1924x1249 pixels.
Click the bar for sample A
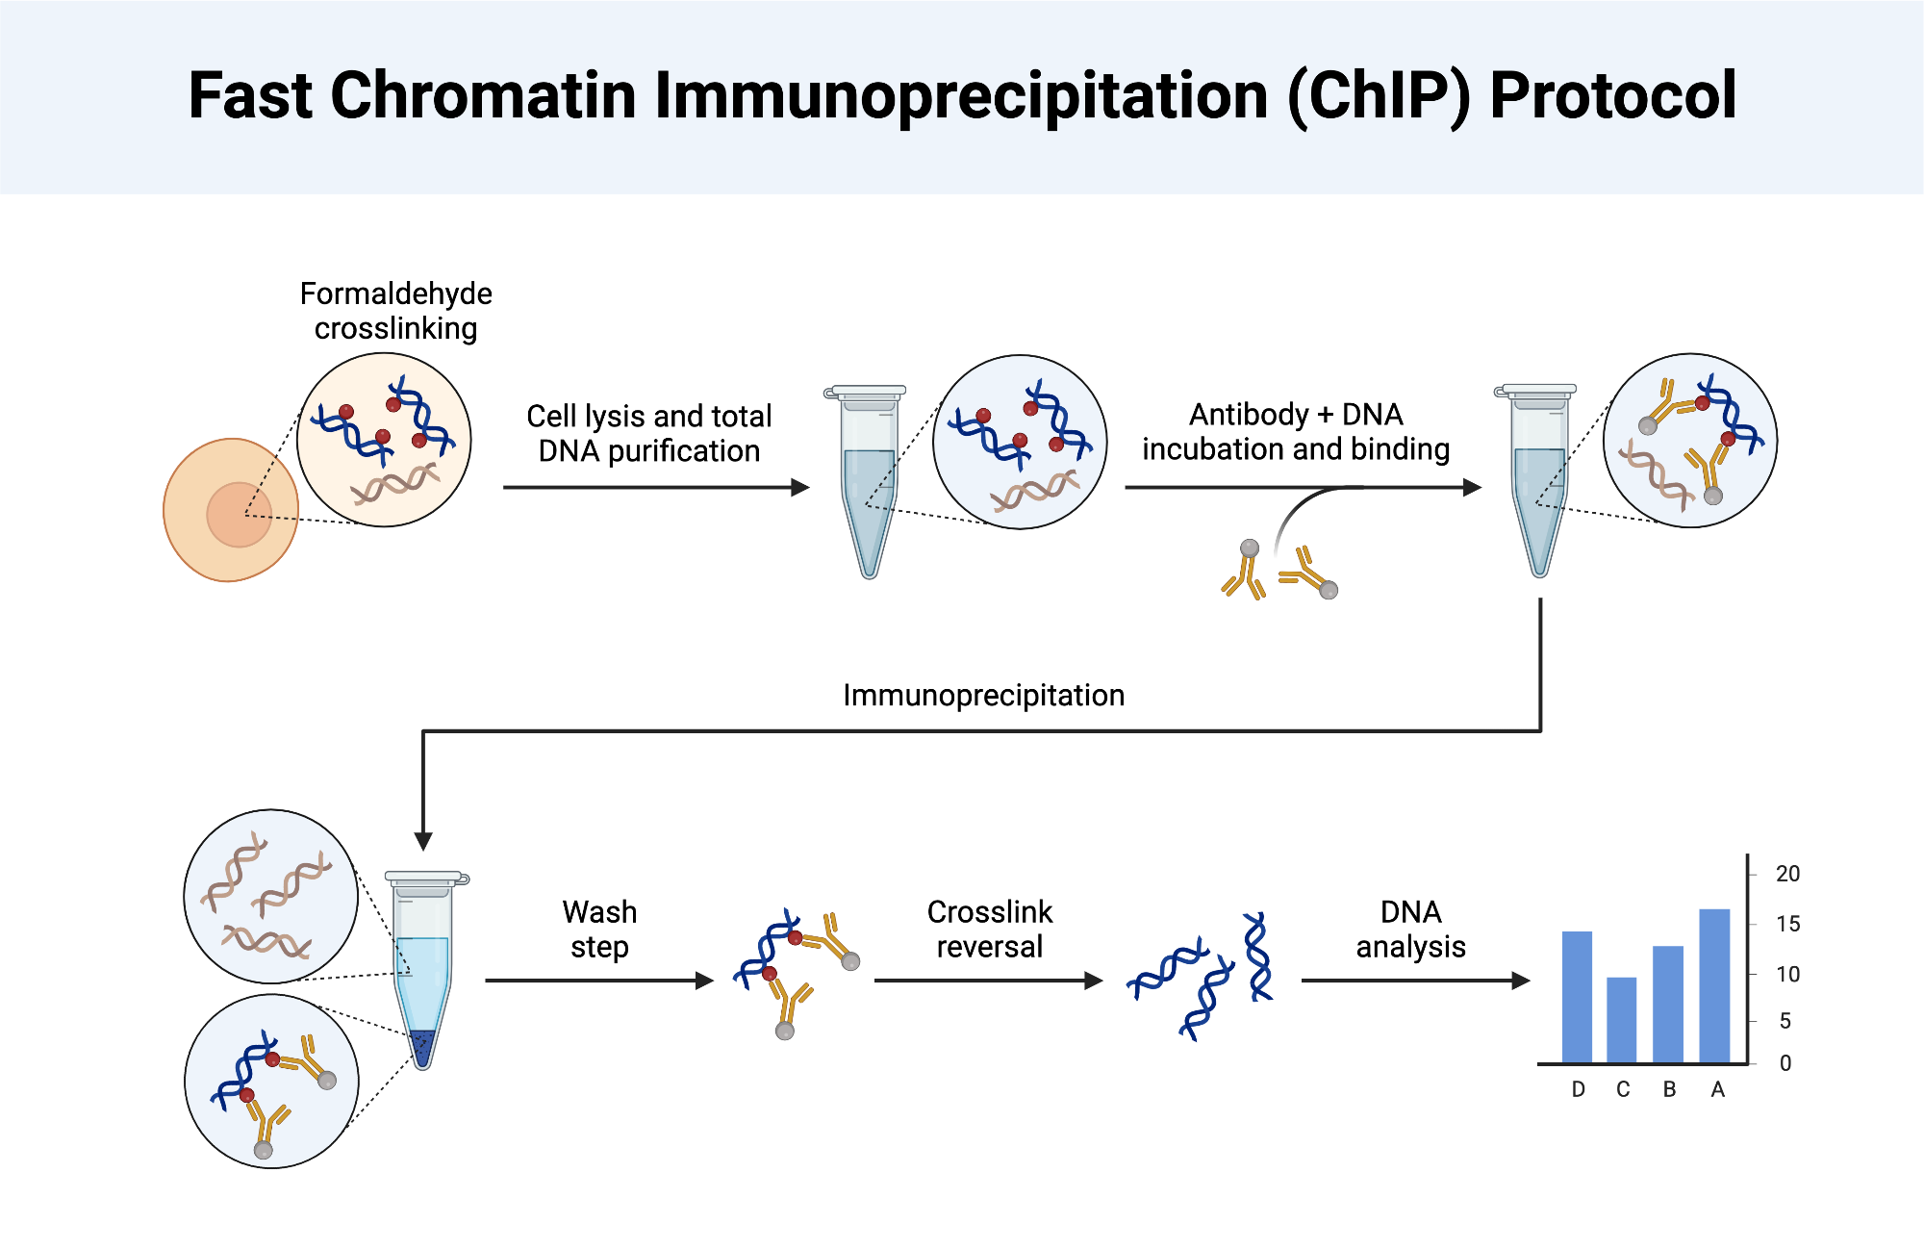[1714, 986]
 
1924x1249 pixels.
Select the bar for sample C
[1622, 1020]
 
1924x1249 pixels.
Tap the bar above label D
[1577, 997]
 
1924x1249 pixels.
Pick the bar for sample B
[1668, 1005]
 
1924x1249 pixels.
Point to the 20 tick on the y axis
[1787, 874]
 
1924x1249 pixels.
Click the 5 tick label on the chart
[1785, 1021]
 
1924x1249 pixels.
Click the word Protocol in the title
[1613, 96]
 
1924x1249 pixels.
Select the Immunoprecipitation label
[983, 696]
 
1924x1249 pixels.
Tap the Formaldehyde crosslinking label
[395, 311]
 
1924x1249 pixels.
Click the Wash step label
[599, 930]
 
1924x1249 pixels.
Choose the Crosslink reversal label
[989, 930]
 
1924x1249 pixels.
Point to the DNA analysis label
[1410, 930]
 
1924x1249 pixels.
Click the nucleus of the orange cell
[239, 515]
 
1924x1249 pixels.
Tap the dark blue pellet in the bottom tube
[422, 1046]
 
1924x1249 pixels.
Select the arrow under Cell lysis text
[655, 488]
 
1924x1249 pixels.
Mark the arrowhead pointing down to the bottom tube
[423, 841]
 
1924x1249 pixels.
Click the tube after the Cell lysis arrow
[869, 481]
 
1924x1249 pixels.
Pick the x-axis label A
[1718, 1089]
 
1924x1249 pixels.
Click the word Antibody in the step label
[1249, 415]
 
